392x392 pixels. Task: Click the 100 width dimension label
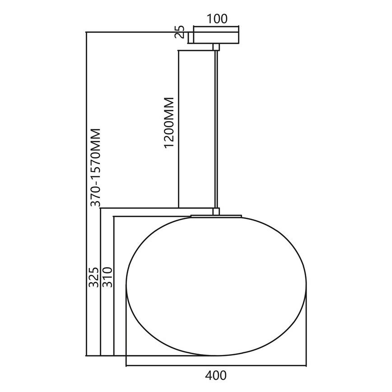pos(217,19)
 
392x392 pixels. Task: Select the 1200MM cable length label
pos(169,122)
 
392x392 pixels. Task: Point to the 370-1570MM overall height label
pos(95,167)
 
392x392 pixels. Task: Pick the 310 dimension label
pos(107,276)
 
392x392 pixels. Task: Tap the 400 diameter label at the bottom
pos(216,375)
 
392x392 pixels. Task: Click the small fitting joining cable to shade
pos(216,211)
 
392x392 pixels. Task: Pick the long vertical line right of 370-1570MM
pos(85,194)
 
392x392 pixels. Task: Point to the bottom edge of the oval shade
pos(217,355)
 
